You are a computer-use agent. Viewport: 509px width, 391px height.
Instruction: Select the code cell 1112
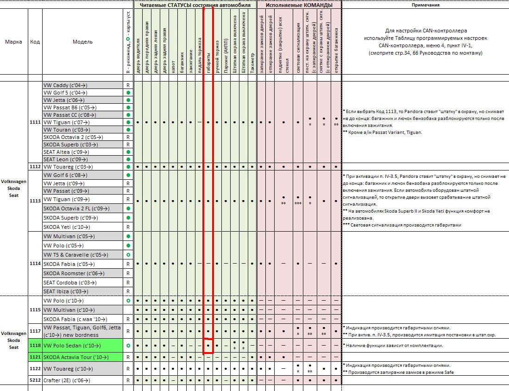point(35,166)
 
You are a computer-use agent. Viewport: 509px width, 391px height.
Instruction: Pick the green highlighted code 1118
point(35,346)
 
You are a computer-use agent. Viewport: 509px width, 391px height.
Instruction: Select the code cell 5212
point(35,380)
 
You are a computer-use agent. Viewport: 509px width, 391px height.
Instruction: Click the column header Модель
point(82,42)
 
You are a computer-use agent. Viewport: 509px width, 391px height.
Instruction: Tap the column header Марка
point(13,42)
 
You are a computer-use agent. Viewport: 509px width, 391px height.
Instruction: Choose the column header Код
point(35,42)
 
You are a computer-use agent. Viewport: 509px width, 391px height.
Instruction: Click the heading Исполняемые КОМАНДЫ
point(299,5)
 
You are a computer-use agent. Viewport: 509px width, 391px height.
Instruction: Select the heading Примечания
point(425,5)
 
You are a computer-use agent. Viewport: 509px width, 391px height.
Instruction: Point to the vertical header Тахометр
point(252,60)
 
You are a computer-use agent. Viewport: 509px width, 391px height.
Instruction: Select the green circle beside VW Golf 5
point(128,93)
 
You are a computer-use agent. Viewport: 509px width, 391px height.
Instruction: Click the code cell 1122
point(35,369)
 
